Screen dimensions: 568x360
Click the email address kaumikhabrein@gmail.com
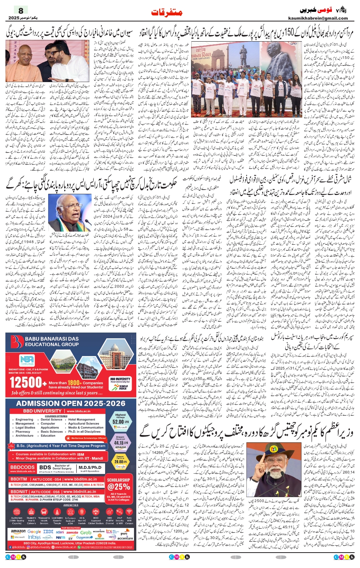click(x=318, y=18)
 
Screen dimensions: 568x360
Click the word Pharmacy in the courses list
click(x=23, y=432)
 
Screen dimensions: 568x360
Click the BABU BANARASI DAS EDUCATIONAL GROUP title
click(x=52, y=341)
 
